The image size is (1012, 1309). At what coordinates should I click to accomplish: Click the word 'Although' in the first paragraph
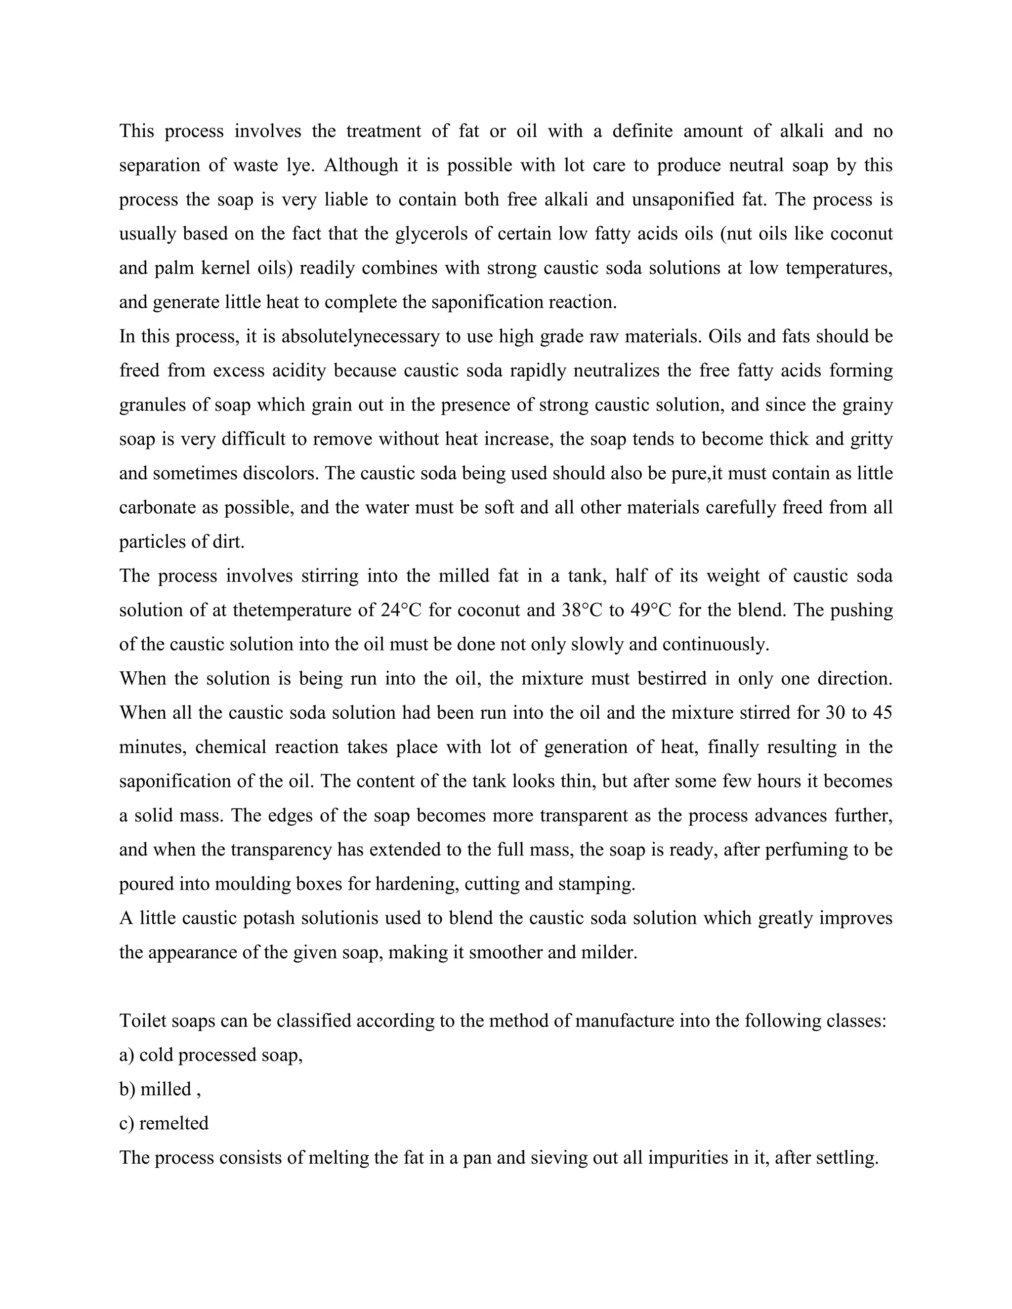tap(361, 165)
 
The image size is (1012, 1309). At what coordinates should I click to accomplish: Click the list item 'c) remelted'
tap(164, 1123)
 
